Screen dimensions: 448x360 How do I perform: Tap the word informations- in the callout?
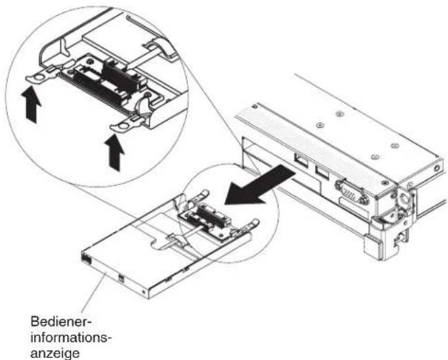(x=71, y=338)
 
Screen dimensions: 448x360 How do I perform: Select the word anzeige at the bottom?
(x=55, y=353)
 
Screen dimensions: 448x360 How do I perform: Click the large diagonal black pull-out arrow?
(x=259, y=185)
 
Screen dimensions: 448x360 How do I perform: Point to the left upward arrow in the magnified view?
(x=31, y=105)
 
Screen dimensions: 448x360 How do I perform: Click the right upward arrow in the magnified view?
(x=114, y=152)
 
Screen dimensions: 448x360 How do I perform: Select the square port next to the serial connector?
(x=322, y=172)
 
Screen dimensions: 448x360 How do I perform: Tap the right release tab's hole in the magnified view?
(x=124, y=126)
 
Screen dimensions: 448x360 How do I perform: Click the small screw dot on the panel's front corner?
(x=143, y=292)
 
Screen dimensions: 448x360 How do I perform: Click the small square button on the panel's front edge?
(x=120, y=277)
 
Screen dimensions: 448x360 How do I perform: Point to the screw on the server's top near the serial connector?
(x=385, y=182)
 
